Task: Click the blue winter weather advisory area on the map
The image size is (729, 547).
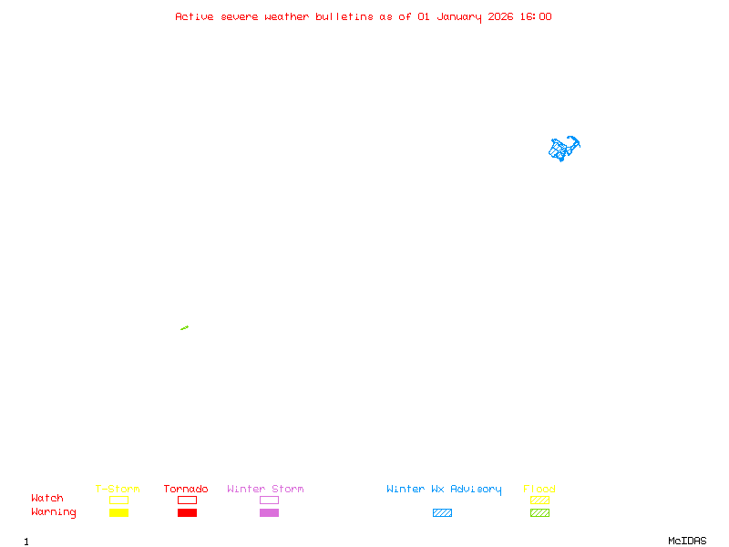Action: click(564, 149)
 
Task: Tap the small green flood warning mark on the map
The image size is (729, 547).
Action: click(184, 327)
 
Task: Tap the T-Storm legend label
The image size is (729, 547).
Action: click(118, 490)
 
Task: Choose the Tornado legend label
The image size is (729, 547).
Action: click(186, 490)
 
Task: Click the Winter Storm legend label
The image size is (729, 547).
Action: click(265, 490)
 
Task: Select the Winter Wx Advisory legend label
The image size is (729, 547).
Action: click(444, 490)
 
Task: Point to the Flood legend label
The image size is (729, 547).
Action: click(539, 490)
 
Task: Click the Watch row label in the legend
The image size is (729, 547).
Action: click(47, 499)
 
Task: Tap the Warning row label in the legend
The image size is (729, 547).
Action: click(54, 512)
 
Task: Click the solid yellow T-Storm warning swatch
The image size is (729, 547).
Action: click(118, 513)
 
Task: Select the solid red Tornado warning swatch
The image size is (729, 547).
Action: click(187, 513)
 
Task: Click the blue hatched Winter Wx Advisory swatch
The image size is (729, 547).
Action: click(442, 513)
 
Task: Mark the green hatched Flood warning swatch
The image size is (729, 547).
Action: click(539, 513)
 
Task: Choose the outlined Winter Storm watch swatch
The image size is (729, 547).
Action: click(269, 501)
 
